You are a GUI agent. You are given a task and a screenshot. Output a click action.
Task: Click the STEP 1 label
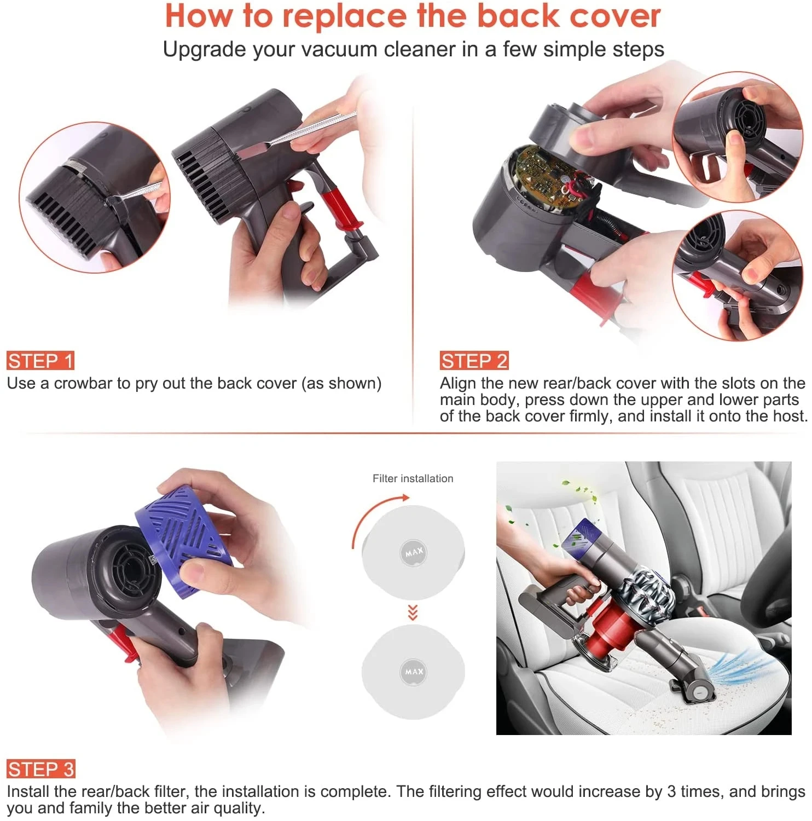40,361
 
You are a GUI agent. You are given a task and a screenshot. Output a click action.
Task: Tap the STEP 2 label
474,361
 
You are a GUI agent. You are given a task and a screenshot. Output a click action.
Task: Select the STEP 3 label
41,769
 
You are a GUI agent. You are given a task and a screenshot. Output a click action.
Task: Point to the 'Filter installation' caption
413,478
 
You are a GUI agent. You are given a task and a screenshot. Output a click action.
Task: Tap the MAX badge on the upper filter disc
414,552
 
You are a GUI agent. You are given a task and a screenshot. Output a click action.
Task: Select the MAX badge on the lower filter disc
414,671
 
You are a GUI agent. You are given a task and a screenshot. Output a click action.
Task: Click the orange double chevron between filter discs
413,612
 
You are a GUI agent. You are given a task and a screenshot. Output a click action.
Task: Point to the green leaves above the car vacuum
580,493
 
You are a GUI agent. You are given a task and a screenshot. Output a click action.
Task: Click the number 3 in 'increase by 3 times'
671,791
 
